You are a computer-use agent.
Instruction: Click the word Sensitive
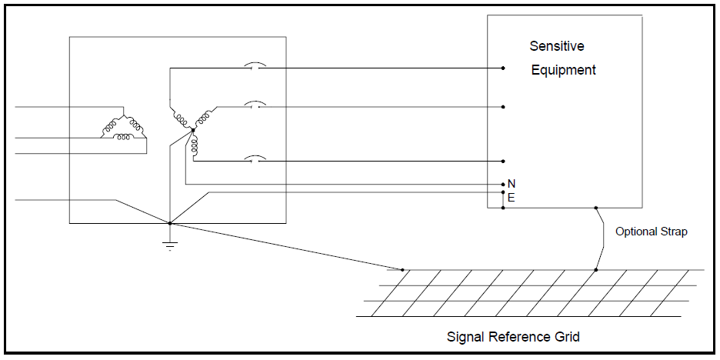[557, 46]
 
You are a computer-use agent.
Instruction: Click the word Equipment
[563, 70]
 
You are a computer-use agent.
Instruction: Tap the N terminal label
[512, 184]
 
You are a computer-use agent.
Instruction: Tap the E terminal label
[512, 198]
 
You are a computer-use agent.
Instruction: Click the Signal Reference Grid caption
[513, 337]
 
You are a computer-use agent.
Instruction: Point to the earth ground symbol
[170, 245]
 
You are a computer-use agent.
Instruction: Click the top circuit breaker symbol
[254, 68]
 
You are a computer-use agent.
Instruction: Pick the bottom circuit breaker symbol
[254, 160]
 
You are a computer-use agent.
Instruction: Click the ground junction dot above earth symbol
[170, 223]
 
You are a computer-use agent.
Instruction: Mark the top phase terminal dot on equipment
[503, 68]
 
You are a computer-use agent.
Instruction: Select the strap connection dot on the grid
[595, 270]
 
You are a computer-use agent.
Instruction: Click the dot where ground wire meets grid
[402, 270]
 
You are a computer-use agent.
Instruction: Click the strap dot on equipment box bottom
[595, 208]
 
